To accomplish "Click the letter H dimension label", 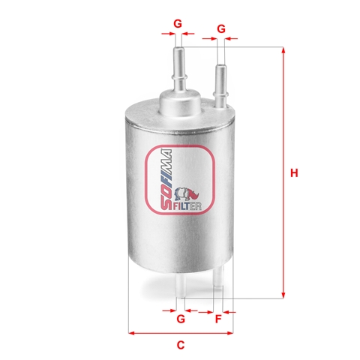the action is (x=294, y=173).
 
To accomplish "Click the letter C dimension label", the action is (x=181, y=345).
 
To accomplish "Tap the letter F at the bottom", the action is (x=218, y=319).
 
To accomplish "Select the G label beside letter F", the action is (x=181, y=319).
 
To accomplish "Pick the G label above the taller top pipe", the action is (x=178, y=24).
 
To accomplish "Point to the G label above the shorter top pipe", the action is (x=221, y=28).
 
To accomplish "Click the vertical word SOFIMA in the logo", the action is (x=166, y=179).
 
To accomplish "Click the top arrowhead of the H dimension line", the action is (x=283, y=50).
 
